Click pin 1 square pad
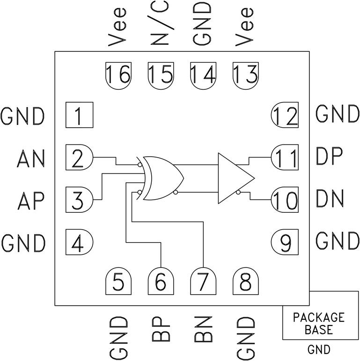pyautogui.click(x=79, y=115)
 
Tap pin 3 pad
pyautogui.click(x=79, y=200)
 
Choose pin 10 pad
pyautogui.click(x=285, y=200)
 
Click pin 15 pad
pyautogui.click(x=161, y=74)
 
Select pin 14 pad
pyautogui.click(x=203, y=74)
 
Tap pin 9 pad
pyautogui.click(x=285, y=242)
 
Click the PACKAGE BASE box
pyautogui.click(x=318, y=323)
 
